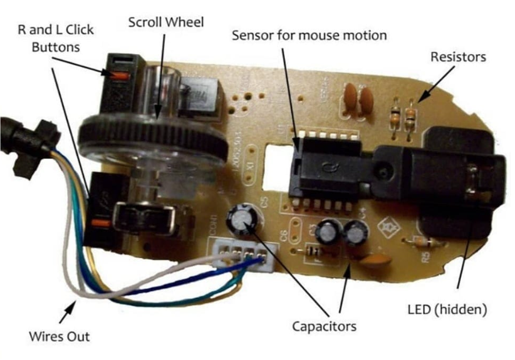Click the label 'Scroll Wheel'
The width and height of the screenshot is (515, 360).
[x=165, y=23]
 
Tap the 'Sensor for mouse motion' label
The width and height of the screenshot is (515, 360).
[x=309, y=35]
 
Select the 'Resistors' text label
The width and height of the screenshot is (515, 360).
[x=458, y=57]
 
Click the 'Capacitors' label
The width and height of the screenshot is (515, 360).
[x=324, y=326]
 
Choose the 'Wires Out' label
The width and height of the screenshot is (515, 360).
[x=60, y=336]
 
